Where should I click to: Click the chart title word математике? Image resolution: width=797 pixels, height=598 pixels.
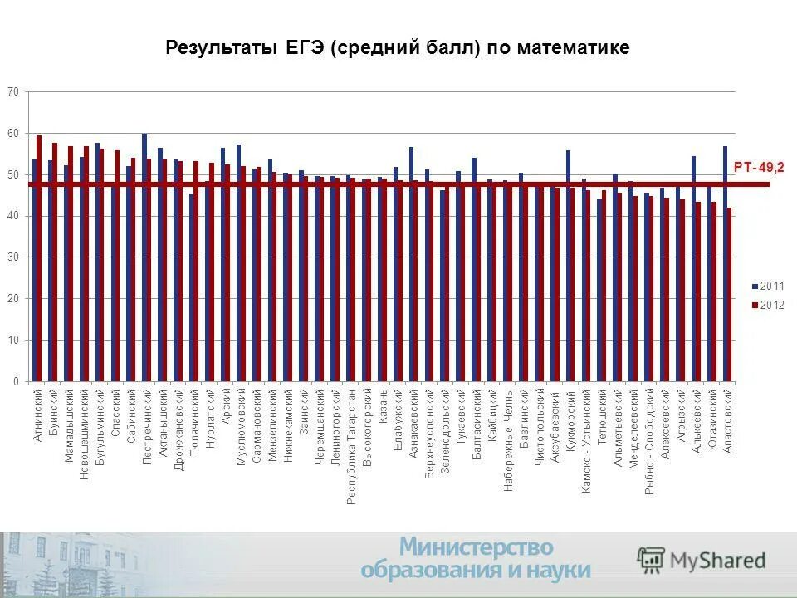pos(573,47)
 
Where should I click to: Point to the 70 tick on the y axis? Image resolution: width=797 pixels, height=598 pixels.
pos(13,91)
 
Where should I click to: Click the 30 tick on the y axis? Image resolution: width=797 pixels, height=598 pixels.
pos(13,257)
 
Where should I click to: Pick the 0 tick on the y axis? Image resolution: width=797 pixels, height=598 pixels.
pos(16,382)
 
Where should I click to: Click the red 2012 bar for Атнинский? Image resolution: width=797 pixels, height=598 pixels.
pos(39,257)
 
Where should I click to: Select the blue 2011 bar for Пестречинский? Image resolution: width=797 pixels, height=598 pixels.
pos(144,257)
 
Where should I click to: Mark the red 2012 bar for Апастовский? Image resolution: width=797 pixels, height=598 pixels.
pos(730,295)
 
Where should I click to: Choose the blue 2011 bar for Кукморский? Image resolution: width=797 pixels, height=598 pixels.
pos(568,266)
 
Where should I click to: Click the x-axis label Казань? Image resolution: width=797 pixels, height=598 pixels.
pos(383,407)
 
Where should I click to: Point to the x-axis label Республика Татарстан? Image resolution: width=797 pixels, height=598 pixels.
pos(351,445)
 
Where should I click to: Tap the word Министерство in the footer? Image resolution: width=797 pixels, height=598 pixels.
pos(477,547)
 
